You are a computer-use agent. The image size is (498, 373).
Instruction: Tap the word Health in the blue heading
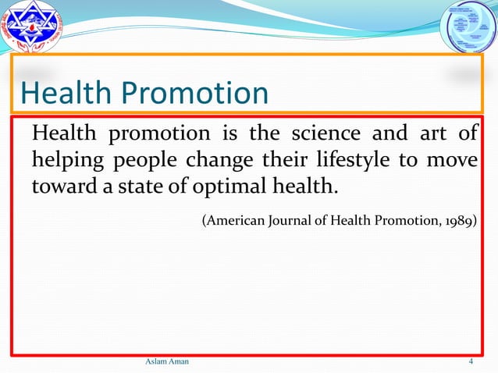pos(66,94)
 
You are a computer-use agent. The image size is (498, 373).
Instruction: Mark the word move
pos(452,162)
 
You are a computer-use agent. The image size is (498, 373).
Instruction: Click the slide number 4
pos(471,363)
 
